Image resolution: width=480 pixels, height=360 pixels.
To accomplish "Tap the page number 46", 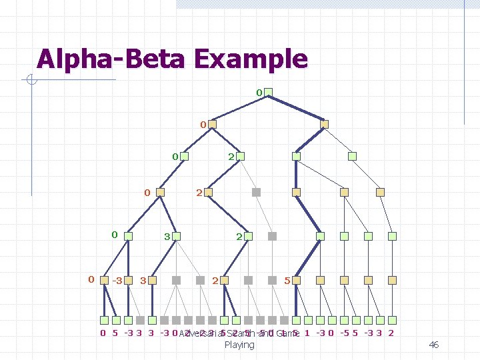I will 433,345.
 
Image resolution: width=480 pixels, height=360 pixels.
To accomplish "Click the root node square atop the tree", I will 269,93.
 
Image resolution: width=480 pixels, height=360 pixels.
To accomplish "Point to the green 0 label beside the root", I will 259,91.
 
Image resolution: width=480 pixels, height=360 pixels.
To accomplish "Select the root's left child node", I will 211,125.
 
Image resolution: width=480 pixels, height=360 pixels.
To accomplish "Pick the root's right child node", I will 324,125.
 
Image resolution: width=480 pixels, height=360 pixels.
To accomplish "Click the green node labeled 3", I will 178,236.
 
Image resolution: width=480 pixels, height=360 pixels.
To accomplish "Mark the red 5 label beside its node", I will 287,281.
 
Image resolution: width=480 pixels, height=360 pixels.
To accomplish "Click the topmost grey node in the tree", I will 256,192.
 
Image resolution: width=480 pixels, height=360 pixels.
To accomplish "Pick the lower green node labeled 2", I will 248,236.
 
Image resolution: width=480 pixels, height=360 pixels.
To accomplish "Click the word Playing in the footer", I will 239,345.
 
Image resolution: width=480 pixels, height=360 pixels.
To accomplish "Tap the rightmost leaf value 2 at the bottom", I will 390,333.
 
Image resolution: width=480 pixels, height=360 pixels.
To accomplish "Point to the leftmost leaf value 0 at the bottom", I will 102,333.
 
